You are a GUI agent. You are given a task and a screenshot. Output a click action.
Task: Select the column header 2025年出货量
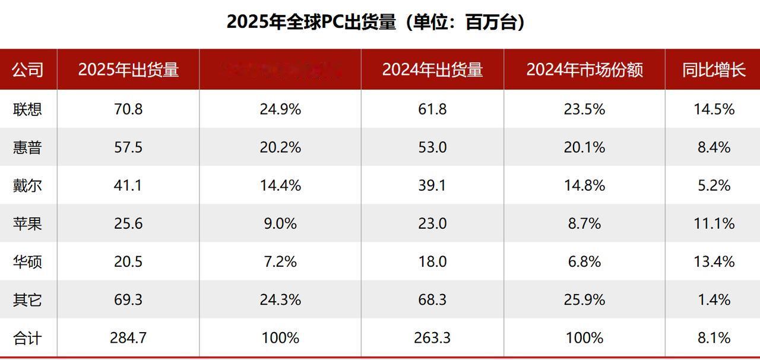[128, 70]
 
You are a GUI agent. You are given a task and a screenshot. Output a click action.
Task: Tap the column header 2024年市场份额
[584, 70]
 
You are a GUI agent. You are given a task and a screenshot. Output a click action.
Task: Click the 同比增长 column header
[714, 70]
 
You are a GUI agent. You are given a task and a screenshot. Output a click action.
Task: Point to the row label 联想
[27, 109]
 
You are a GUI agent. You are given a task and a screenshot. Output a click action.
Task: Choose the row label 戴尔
[27, 185]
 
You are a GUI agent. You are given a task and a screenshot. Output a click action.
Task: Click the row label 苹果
[27, 223]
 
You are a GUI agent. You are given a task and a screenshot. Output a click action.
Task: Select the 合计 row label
[27, 338]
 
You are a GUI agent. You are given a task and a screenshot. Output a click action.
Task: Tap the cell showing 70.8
[128, 109]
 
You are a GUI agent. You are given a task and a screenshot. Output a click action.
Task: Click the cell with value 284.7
[128, 338]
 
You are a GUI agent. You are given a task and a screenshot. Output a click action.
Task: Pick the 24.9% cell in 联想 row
[280, 109]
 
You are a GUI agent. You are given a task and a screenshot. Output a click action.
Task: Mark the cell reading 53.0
[432, 147]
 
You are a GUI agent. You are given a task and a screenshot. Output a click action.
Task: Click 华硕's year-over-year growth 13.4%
[714, 261]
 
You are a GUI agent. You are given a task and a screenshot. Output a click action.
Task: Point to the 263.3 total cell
[432, 338]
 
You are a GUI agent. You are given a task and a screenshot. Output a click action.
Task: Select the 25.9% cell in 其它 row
[584, 300]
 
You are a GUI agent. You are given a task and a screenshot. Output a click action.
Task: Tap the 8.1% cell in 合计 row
[714, 338]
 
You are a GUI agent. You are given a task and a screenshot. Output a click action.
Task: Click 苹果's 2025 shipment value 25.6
[128, 223]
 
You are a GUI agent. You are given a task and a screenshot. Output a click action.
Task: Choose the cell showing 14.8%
[584, 185]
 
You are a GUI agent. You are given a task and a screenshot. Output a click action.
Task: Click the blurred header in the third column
[280, 70]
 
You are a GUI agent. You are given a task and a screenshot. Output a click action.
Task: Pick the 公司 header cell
[27, 70]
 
